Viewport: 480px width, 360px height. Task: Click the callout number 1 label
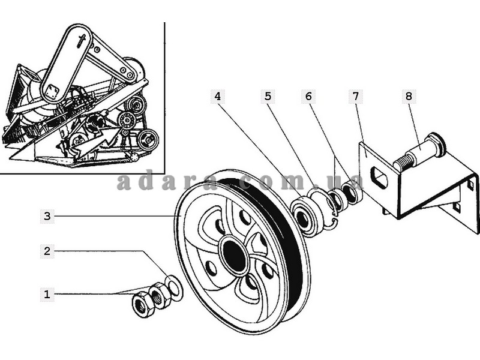47,294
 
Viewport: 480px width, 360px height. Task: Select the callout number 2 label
47,251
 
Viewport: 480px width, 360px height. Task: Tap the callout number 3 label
47,215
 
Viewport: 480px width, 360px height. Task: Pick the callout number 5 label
268,96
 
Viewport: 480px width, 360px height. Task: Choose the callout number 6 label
308,96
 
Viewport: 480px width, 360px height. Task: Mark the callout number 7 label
356,96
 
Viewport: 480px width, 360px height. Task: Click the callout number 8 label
409,96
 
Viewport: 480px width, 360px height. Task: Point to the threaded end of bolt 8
403,160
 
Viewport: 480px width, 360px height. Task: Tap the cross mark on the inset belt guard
82,41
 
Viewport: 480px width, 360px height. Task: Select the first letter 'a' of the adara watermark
124,182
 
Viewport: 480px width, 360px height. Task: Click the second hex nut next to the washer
160,296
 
